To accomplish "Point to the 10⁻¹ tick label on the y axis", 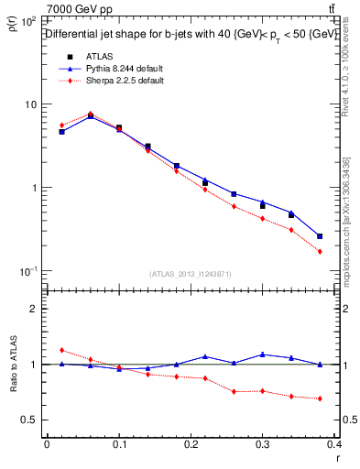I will click(x=28, y=272).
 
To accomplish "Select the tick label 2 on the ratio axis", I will click(x=35, y=309).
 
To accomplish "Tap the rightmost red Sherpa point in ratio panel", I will click(x=320, y=398).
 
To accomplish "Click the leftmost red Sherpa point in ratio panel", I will click(x=61, y=350).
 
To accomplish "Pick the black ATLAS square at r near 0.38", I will click(x=320, y=236).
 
